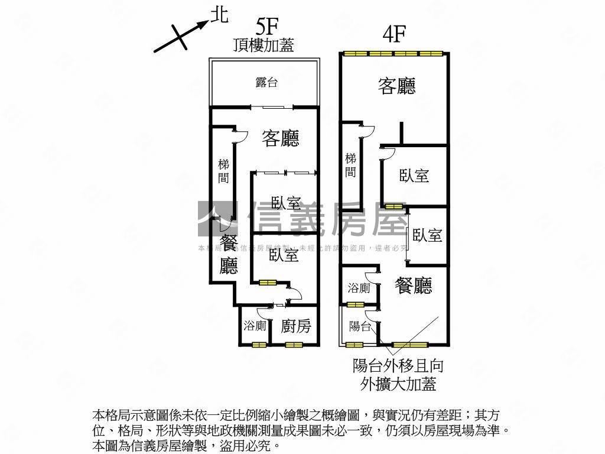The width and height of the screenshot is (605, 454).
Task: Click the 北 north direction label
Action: point(219,17)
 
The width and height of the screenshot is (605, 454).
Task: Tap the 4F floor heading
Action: point(393,34)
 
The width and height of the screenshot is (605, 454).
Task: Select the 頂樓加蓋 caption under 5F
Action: point(264,46)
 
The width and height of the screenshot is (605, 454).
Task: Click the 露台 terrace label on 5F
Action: point(266,83)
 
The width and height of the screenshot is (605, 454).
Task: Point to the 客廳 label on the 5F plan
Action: point(281,138)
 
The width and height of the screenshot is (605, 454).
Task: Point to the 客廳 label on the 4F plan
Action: point(397,86)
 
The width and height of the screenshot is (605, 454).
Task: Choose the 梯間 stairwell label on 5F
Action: point(223,171)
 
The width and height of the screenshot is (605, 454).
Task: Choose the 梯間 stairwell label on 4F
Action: point(351,165)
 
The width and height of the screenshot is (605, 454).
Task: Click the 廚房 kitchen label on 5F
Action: point(295,326)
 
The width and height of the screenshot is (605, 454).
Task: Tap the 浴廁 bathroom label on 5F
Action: point(255,326)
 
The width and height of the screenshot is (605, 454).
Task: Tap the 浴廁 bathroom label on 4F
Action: point(359,288)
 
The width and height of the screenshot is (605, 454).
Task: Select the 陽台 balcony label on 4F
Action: point(359,326)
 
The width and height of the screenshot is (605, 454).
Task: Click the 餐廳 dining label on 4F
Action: point(414,286)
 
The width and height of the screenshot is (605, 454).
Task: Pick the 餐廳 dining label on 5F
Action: point(229,254)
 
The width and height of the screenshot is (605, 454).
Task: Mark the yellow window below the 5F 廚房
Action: point(294,345)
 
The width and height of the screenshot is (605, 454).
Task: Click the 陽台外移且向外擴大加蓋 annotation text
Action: point(398,375)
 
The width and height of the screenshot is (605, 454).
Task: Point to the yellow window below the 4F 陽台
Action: point(354,345)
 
